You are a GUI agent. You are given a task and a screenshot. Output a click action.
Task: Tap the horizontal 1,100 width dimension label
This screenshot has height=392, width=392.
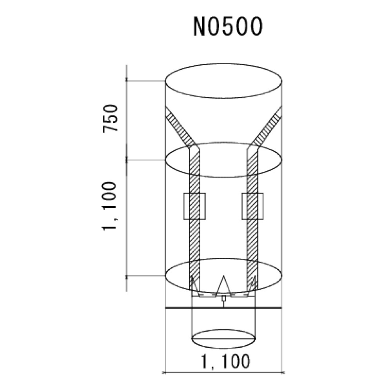click(223, 361)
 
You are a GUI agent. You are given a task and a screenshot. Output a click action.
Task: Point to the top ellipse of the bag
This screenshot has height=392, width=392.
click(223, 83)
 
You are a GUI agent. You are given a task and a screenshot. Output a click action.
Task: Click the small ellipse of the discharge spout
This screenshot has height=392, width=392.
click(223, 338)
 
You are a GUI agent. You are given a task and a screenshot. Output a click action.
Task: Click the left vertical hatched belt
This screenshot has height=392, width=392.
click(195, 235)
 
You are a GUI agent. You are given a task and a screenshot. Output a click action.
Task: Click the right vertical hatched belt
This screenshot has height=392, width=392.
click(252, 235)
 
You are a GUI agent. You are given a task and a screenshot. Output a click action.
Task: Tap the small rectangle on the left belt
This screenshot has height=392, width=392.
click(195, 206)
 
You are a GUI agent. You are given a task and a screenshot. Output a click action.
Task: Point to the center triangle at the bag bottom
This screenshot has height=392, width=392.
click(223, 285)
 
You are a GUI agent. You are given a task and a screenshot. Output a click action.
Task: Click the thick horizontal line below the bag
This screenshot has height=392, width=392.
click(223, 308)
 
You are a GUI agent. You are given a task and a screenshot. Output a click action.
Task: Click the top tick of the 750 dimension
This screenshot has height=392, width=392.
click(127, 81)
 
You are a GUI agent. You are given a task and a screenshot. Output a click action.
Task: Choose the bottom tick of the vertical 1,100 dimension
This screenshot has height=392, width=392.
click(127, 276)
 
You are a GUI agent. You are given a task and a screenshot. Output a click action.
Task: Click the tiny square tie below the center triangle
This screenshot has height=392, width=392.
click(223, 299)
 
